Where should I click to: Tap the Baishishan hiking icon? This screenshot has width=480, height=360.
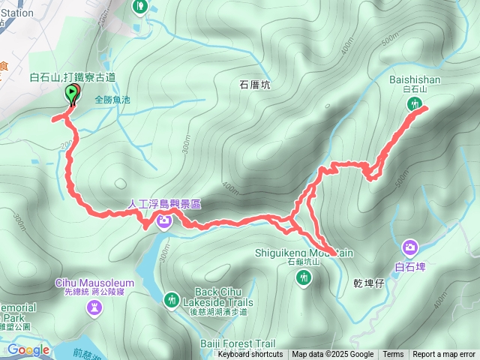[x=413, y=106]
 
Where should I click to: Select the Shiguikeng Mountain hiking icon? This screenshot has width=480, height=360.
[x=303, y=279]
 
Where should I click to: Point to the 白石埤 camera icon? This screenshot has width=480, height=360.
[x=409, y=247]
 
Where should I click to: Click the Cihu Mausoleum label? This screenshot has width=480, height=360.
[x=94, y=283]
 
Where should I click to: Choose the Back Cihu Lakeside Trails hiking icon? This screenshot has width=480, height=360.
[x=172, y=299]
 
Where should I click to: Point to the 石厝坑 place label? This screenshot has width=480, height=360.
[x=254, y=85]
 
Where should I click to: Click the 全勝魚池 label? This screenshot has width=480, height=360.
[x=112, y=99]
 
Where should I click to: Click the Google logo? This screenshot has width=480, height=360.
[x=28, y=349]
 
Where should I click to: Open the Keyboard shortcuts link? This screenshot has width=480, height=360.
[x=250, y=355]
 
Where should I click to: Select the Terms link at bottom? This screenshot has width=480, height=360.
[x=393, y=355]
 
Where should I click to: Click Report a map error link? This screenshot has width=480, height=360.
[x=444, y=355]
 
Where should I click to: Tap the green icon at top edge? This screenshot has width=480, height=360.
[x=140, y=6]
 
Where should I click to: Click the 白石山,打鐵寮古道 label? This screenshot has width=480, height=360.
[x=72, y=77]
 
